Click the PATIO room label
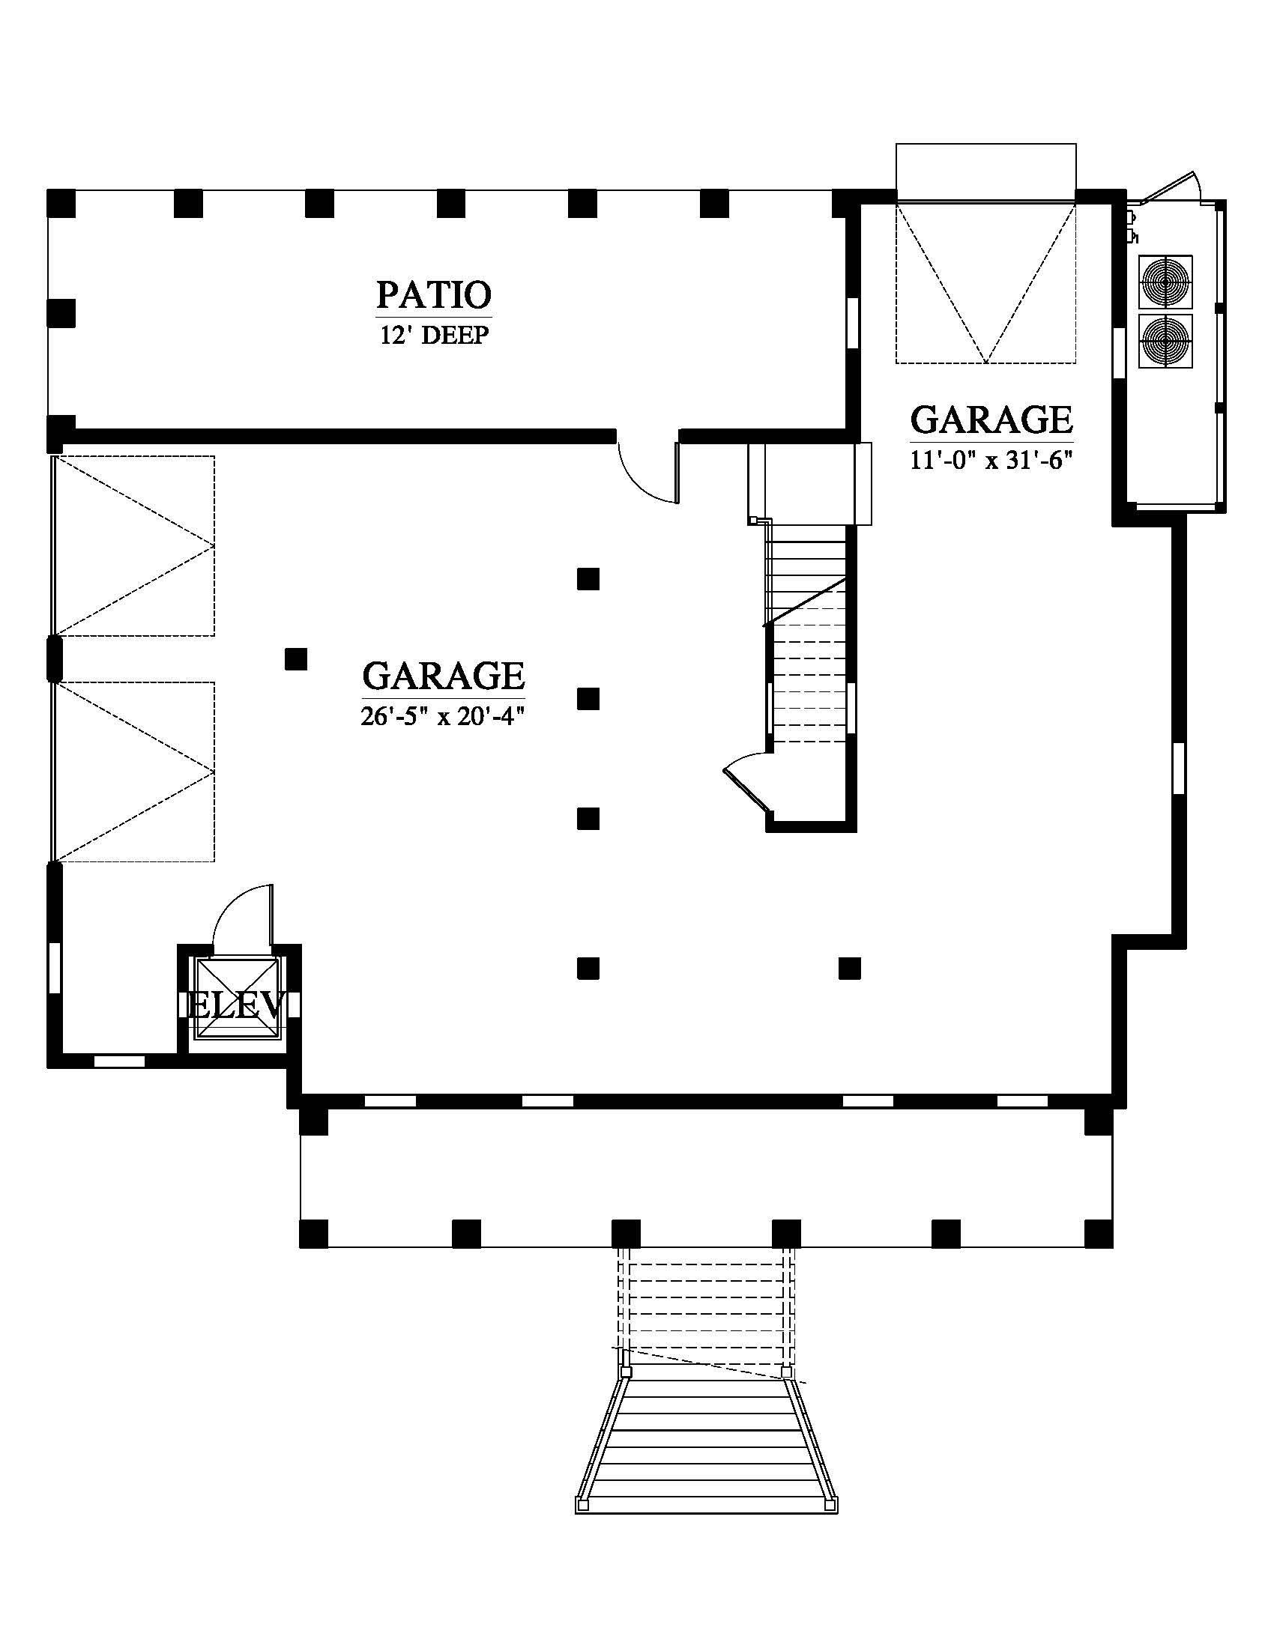click(x=434, y=294)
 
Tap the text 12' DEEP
click(x=434, y=334)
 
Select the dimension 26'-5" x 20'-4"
click(x=443, y=715)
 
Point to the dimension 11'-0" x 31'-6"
click(x=991, y=458)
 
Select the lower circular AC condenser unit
click(x=1165, y=341)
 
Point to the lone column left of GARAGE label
click(x=296, y=658)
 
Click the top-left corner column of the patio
click(x=61, y=204)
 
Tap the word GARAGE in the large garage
click(x=443, y=676)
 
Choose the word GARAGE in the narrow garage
click(x=991, y=419)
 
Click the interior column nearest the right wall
click(x=851, y=968)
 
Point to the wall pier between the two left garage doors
click(x=55, y=658)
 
